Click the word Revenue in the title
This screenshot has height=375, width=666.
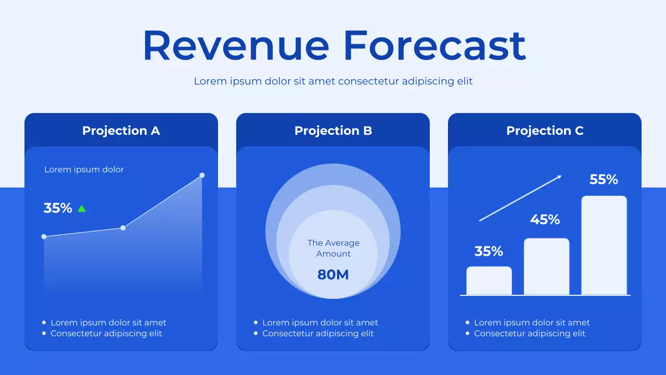236,45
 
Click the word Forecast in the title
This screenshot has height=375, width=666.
434,45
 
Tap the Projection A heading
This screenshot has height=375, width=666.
121,131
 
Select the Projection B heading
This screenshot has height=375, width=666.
333,131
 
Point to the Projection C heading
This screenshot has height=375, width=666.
545,131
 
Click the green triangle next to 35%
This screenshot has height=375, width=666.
82,208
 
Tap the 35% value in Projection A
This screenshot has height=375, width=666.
58,208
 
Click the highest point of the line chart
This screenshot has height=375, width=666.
202,176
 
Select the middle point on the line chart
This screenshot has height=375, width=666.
123,228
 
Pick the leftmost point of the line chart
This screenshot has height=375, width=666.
44,236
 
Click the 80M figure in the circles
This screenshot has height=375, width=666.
333,274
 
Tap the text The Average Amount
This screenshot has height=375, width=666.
333,248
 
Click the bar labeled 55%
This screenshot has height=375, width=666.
604,245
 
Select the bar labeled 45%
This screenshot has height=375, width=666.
546,266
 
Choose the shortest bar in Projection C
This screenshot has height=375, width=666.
489,281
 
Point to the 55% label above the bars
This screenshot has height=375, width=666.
604,180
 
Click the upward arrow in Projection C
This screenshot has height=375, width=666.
520,198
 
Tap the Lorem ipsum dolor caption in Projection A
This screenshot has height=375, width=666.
84,169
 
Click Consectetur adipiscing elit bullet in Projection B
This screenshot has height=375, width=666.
317,333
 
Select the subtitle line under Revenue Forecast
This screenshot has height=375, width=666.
333,81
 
